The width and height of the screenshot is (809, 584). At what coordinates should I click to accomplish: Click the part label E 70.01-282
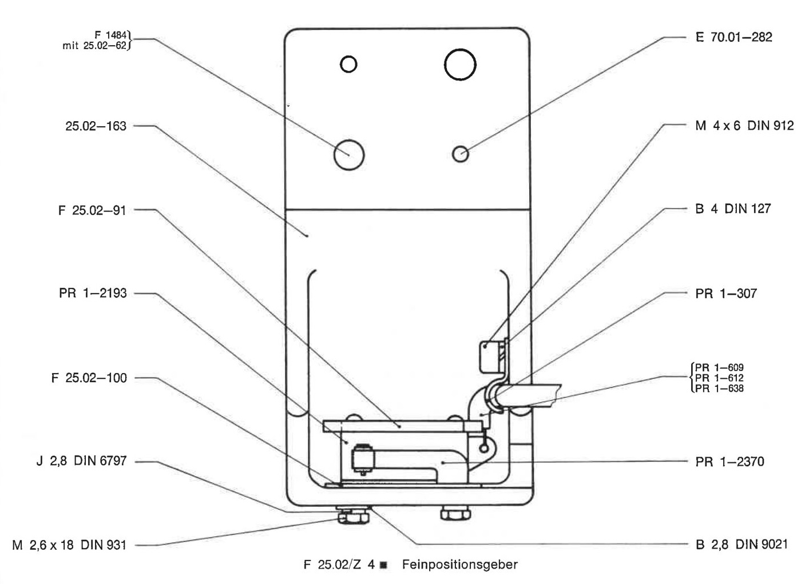click(733, 37)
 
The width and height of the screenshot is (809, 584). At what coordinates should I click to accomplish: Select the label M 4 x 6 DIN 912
click(744, 126)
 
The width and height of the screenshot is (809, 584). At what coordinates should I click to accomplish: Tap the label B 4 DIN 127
click(733, 209)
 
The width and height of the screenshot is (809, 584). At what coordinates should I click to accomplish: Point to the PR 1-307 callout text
click(726, 293)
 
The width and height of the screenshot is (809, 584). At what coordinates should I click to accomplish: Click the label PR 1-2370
click(729, 461)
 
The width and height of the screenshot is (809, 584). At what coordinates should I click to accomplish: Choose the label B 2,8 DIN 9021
click(741, 544)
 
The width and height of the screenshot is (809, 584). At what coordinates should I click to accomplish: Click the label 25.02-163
click(96, 126)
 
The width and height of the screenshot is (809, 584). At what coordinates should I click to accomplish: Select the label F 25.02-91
click(92, 210)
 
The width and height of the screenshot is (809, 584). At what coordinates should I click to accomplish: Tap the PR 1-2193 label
click(93, 293)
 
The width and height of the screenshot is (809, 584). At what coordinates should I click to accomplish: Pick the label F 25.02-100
click(89, 378)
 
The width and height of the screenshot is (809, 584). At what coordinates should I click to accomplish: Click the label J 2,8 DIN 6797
click(82, 461)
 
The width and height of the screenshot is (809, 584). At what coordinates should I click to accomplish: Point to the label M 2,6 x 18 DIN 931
click(69, 545)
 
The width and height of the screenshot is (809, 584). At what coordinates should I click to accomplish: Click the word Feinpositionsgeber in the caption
click(460, 564)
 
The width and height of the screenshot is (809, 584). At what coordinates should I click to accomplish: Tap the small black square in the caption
click(383, 565)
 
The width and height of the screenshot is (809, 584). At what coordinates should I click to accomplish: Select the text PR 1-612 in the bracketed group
click(719, 378)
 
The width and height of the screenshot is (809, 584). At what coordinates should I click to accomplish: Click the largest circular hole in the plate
click(460, 65)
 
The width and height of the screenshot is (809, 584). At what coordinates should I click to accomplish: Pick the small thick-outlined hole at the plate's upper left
click(348, 65)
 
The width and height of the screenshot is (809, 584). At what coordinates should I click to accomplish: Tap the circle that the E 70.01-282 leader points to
click(461, 154)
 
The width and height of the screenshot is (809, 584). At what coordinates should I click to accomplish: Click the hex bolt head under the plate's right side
click(455, 513)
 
